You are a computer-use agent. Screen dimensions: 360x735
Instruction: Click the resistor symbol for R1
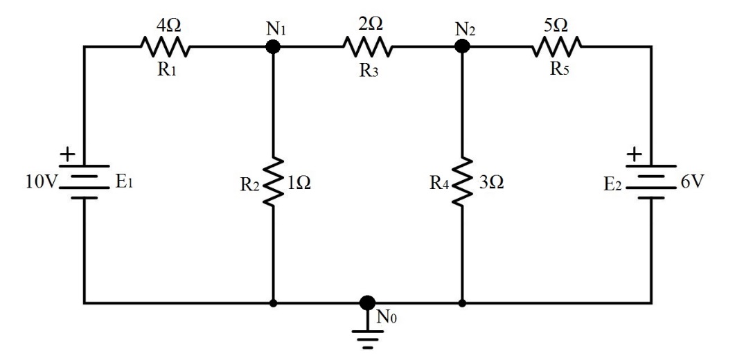pyautogui.click(x=165, y=46)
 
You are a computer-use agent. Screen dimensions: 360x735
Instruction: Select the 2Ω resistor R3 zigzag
pyautogui.click(x=367, y=46)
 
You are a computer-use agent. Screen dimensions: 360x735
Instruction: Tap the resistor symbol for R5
pyautogui.click(x=557, y=46)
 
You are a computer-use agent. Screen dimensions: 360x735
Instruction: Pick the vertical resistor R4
pyautogui.click(x=461, y=181)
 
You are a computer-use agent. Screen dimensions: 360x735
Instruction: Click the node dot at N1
pyautogui.click(x=273, y=46)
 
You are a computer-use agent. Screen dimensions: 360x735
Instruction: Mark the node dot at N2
pyautogui.click(x=461, y=46)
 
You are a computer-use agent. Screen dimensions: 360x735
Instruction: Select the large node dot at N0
pyautogui.click(x=367, y=303)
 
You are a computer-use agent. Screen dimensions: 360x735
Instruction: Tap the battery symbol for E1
pyautogui.click(x=85, y=182)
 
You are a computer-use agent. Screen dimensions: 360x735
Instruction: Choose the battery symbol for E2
pyautogui.click(x=651, y=182)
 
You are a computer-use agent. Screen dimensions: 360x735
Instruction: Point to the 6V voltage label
pyautogui.click(x=693, y=183)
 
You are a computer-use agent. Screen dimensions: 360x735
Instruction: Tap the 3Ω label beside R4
pyautogui.click(x=490, y=183)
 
